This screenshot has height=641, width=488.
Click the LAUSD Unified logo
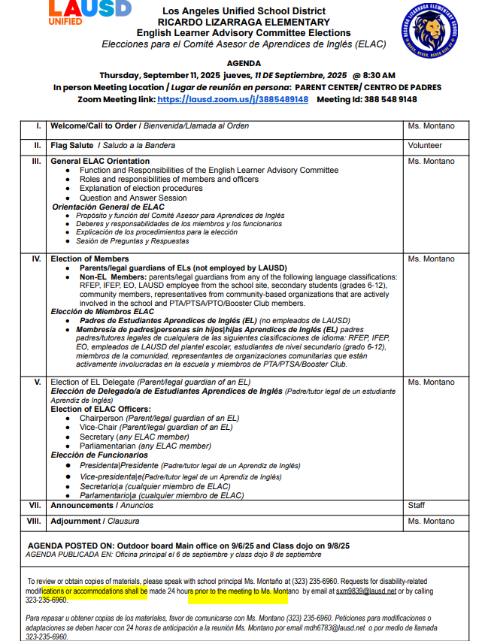point(89,13)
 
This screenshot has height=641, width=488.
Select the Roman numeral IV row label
point(36,259)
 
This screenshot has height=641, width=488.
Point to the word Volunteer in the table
point(425,145)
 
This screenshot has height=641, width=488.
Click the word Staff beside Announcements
point(417,505)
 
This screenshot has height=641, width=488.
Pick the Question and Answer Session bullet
point(133,198)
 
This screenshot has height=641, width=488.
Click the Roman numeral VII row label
point(35,505)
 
